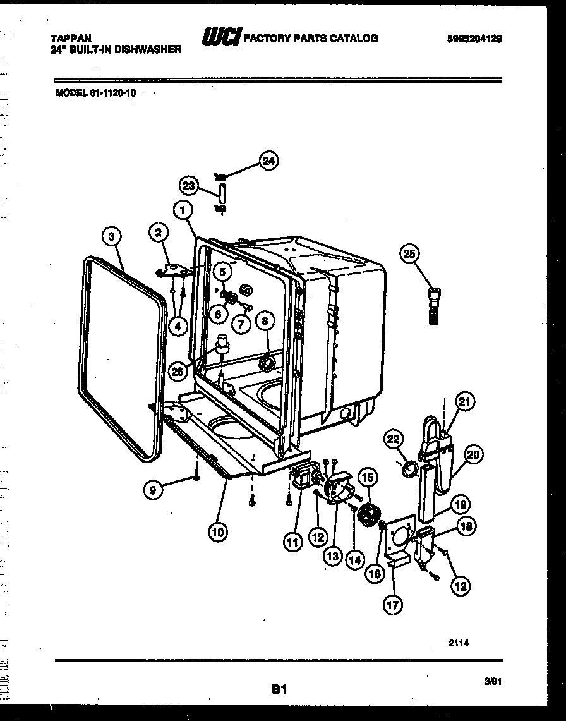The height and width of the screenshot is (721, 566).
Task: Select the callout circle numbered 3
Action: click(111, 236)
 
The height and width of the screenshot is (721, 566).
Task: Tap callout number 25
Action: click(409, 254)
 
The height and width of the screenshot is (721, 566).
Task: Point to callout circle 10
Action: click(217, 531)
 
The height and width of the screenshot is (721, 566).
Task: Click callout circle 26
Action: click(178, 371)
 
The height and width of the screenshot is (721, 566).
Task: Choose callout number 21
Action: click(464, 401)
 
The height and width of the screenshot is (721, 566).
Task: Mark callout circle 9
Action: click(152, 488)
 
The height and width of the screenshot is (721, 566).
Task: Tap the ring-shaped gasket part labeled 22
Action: click(409, 470)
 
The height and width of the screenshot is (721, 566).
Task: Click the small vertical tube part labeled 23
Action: click(222, 193)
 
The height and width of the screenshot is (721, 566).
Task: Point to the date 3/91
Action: click(493, 681)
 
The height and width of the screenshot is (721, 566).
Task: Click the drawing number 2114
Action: click(460, 643)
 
